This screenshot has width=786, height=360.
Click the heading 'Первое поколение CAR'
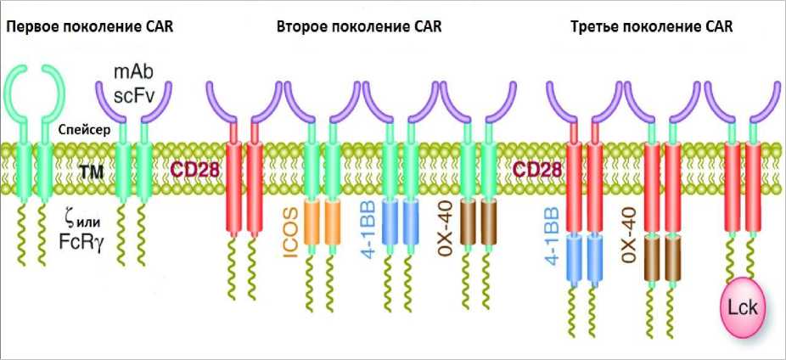click(89, 26)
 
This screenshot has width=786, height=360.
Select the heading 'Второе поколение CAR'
click(359, 26)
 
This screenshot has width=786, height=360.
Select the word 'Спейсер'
click(81, 130)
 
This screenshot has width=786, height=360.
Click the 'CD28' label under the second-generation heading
click(196, 169)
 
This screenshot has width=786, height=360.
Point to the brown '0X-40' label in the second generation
click(444, 226)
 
